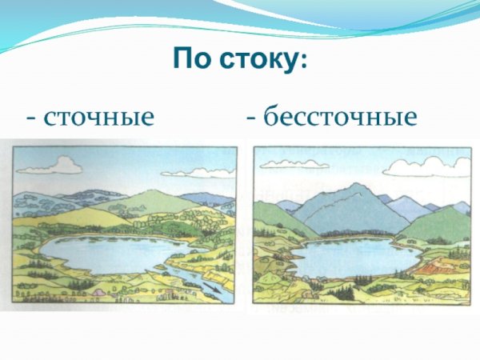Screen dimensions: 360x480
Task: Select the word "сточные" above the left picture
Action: tap(99, 118)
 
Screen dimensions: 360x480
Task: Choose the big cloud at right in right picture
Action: tap(428, 166)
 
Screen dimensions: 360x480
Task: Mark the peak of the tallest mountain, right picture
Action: tap(353, 185)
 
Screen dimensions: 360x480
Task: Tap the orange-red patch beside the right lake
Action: tap(433, 263)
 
